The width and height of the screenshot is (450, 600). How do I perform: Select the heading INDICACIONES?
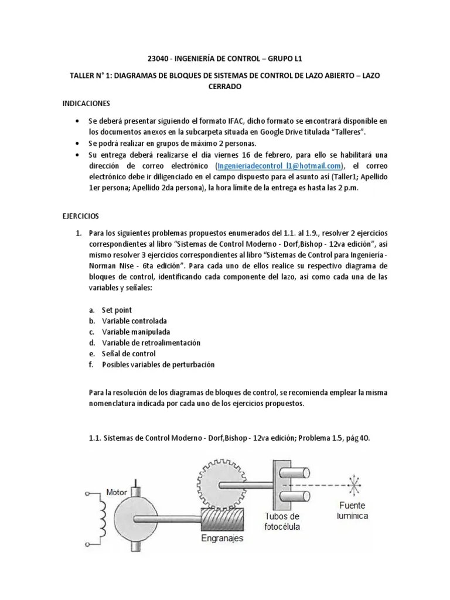click(x=87, y=103)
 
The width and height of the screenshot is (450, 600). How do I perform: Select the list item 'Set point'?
click(x=117, y=310)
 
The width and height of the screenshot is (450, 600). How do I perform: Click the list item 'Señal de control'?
click(x=129, y=353)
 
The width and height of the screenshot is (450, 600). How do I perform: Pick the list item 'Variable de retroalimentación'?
click(x=151, y=343)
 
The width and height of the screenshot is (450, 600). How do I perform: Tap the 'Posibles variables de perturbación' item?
click(x=158, y=364)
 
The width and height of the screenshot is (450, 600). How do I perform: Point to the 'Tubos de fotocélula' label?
click(x=282, y=521)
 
